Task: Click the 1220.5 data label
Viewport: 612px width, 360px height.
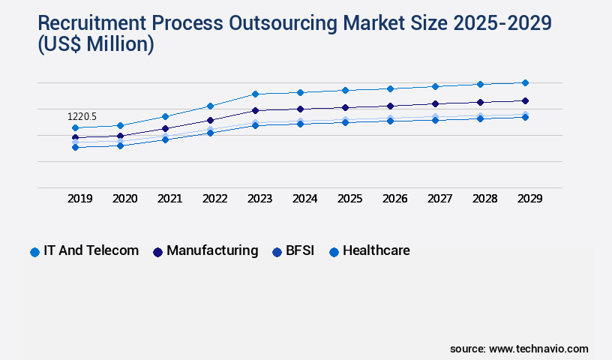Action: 82,117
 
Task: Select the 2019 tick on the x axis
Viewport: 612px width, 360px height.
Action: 80,199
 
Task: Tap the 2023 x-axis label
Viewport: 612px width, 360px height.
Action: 259,199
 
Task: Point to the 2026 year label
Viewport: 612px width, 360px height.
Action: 394,199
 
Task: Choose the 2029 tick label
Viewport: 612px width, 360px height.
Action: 529,199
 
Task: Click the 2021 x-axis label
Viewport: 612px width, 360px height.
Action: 169,199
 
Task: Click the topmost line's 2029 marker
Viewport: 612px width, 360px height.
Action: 525,82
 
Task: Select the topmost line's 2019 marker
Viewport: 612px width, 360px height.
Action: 75,127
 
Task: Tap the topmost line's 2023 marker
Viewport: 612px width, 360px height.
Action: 255,94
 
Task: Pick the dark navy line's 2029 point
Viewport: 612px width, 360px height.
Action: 525,100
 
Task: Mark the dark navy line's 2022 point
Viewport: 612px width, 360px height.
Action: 210,120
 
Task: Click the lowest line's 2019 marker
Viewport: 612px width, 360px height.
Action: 75,147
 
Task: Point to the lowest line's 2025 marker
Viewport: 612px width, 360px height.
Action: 345,121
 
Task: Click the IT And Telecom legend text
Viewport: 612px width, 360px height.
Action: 91,250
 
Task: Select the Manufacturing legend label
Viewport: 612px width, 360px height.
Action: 212,250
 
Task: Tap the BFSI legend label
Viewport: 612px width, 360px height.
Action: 301,250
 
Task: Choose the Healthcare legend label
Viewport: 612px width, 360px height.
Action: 376,250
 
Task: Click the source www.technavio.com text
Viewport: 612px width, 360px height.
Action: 519,349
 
